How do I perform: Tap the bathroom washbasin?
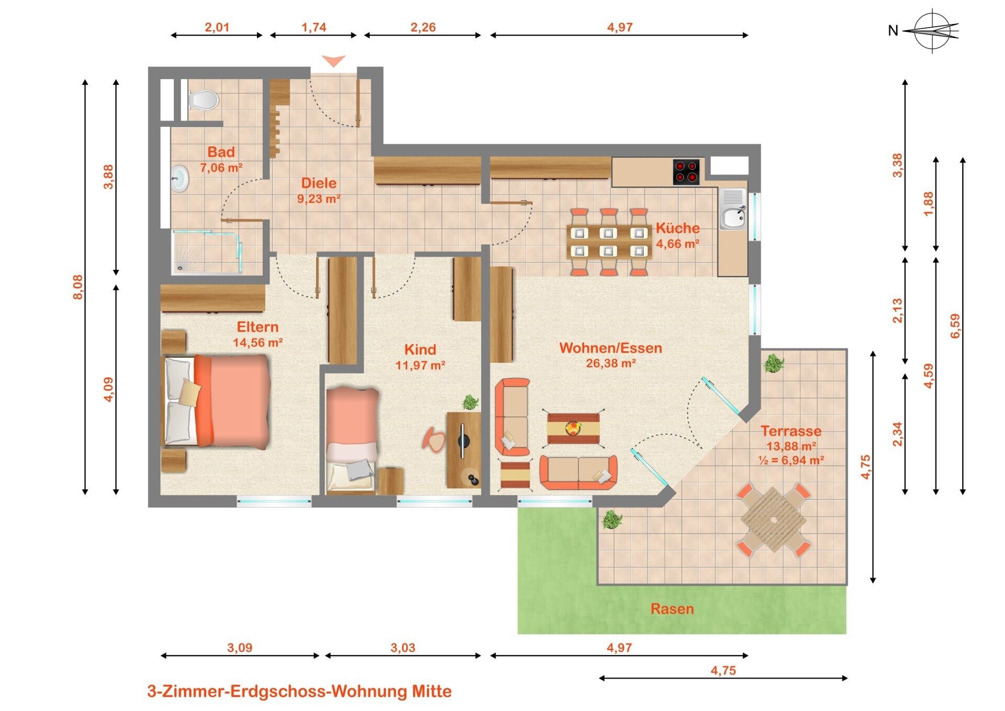(x=180, y=178)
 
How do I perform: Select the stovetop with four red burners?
(x=686, y=172)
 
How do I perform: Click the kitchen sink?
(x=733, y=209)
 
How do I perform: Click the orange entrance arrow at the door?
(x=333, y=61)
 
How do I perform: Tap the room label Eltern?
(x=258, y=327)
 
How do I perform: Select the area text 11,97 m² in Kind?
(x=420, y=365)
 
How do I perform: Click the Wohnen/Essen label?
(x=611, y=348)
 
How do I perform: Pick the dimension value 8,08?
(x=77, y=287)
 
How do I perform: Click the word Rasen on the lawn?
(x=672, y=609)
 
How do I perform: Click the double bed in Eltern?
(x=216, y=401)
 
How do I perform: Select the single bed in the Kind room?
(x=352, y=440)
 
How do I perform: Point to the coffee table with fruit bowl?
(x=573, y=429)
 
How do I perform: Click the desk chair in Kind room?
(x=434, y=438)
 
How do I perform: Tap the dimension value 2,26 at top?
(x=423, y=27)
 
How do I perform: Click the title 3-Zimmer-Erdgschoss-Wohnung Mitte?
(x=299, y=691)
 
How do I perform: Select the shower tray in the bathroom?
(x=206, y=252)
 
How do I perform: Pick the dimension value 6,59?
(x=955, y=326)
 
